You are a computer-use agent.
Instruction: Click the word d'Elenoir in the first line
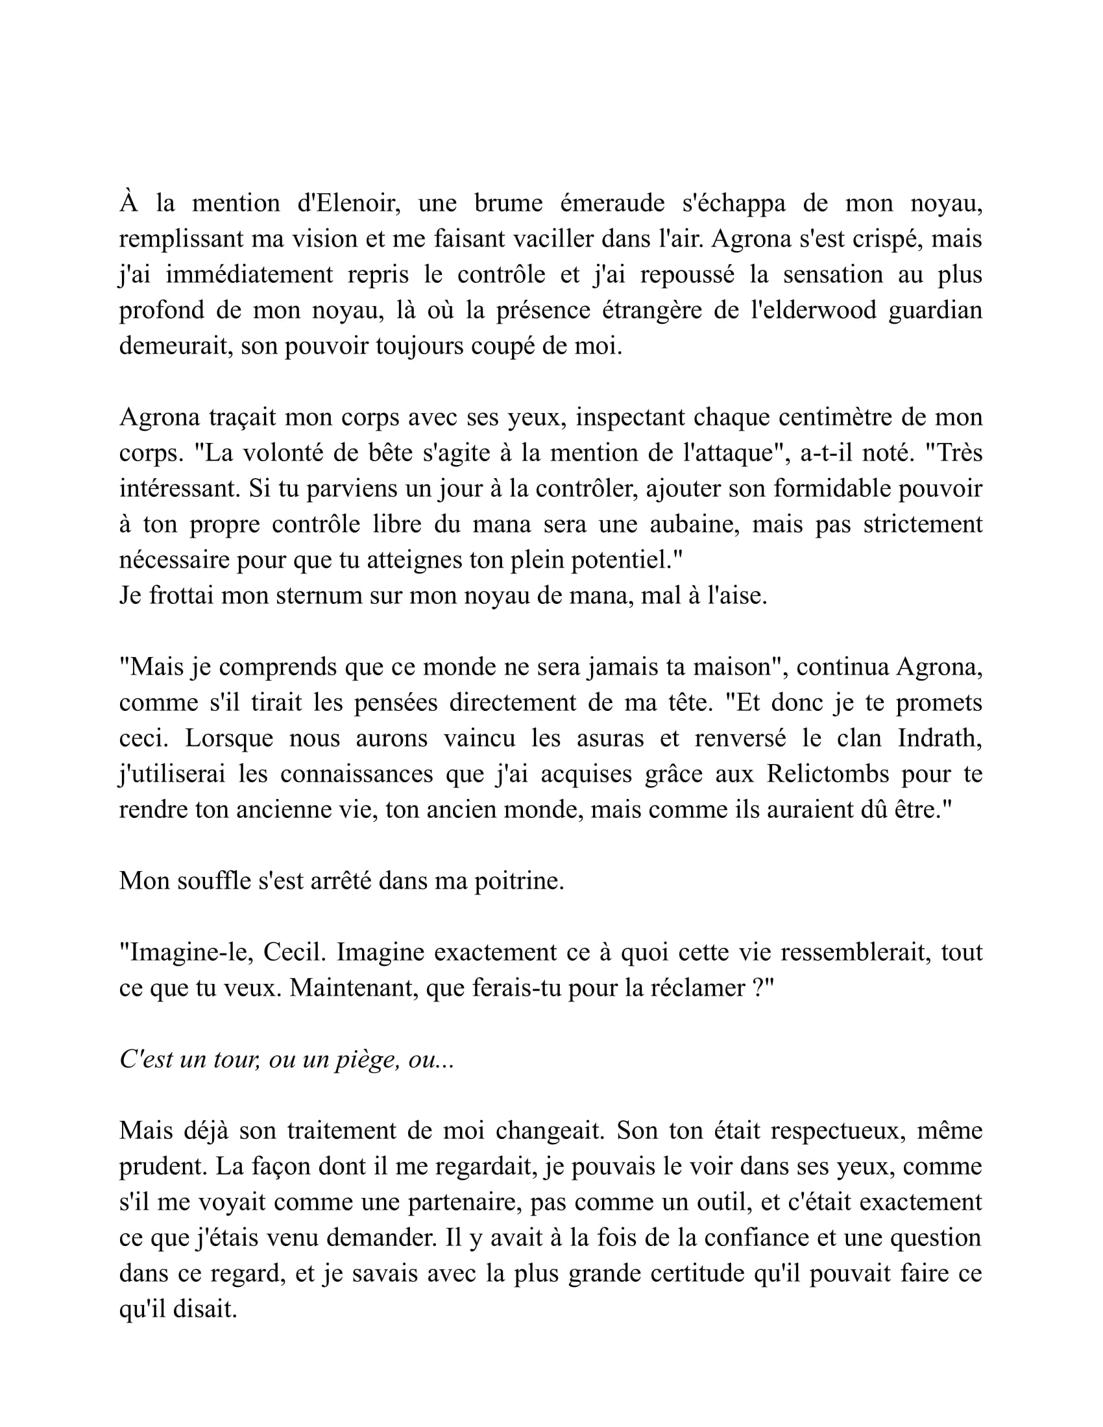(348, 203)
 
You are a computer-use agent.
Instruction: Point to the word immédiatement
(249, 274)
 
